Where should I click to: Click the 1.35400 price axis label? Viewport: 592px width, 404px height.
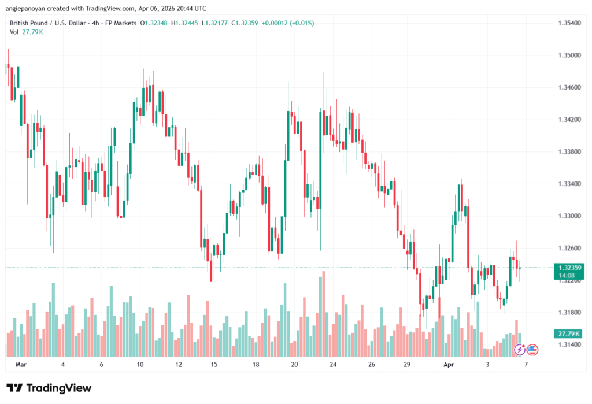tap(569, 23)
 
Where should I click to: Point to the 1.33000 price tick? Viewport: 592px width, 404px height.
tap(569, 216)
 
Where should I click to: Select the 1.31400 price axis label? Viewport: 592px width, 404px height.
tap(569, 344)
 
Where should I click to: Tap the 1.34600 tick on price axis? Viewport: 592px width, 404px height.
tap(569, 87)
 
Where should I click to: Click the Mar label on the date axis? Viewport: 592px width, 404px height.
tap(21, 365)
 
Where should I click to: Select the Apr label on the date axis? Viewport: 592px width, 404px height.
tap(449, 365)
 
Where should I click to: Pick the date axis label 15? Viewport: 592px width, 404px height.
tap(214, 365)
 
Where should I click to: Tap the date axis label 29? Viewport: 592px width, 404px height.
tap(407, 365)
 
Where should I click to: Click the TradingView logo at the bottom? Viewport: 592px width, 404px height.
tap(49, 388)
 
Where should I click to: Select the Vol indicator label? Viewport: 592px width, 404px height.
tap(14, 32)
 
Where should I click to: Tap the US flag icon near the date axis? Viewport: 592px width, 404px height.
tap(532, 349)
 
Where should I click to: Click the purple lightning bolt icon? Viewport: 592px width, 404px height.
tap(520, 349)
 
